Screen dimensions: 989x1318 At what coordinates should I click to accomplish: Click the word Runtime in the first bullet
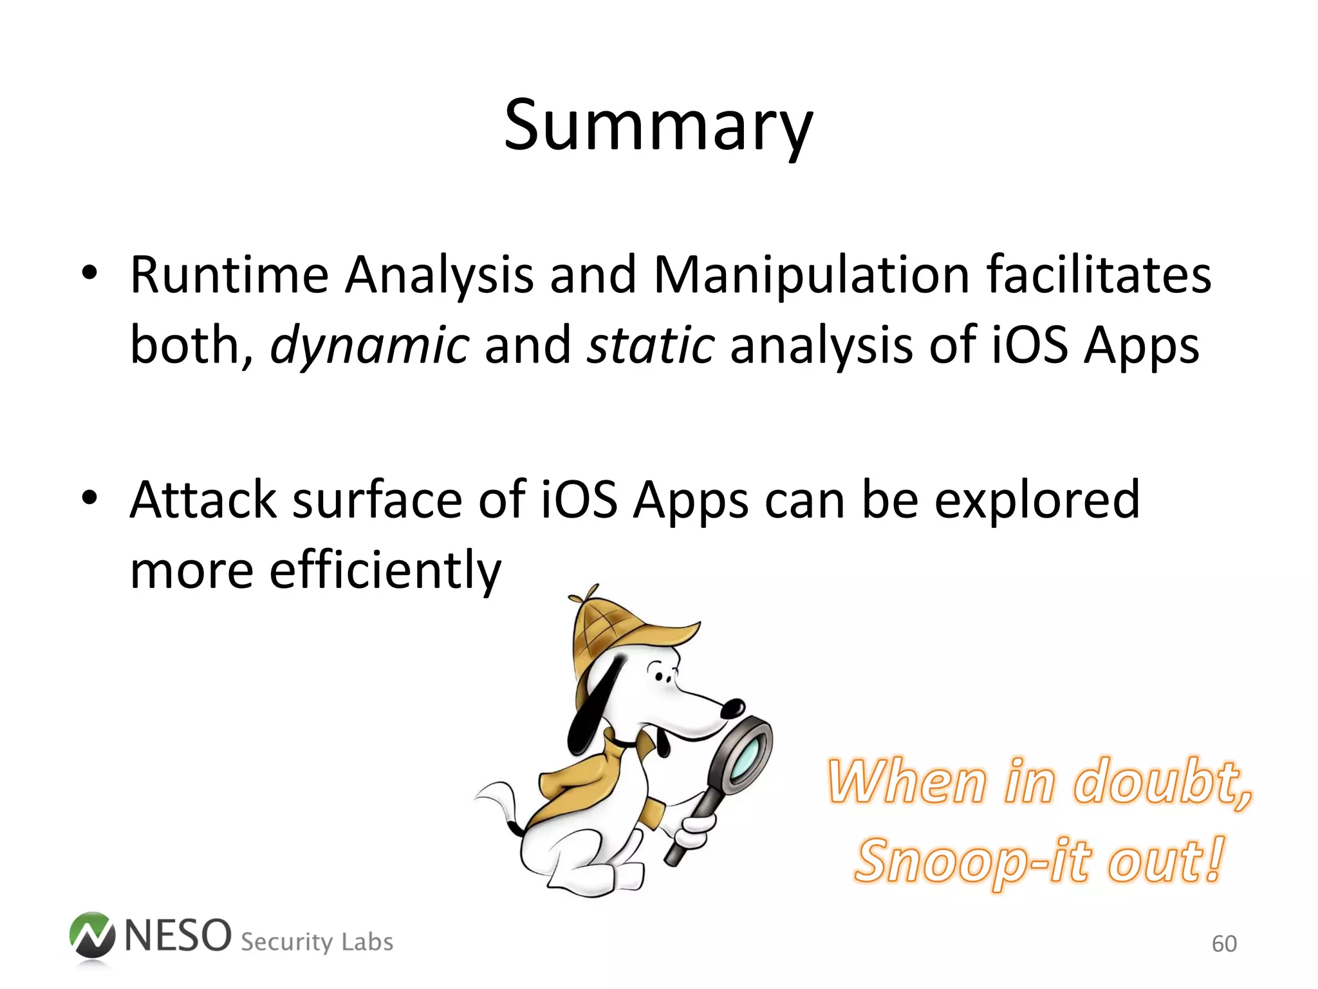[x=229, y=276]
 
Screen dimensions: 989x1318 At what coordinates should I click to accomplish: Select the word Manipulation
[x=811, y=276]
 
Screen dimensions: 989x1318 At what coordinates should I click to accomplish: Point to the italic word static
[x=650, y=345]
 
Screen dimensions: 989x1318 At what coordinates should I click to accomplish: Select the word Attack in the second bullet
[x=203, y=500]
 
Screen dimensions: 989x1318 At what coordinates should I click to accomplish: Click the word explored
[x=1037, y=502]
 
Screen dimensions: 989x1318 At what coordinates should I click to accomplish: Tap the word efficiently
[x=385, y=570]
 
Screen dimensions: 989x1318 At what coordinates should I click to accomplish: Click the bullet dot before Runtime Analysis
[x=89, y=273]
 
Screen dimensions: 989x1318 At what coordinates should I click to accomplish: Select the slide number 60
[x=1224, y=944]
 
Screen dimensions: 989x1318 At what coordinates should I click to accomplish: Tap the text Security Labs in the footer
[x=317, y=942]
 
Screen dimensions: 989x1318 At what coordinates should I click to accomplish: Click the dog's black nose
[x=732, y=708]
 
